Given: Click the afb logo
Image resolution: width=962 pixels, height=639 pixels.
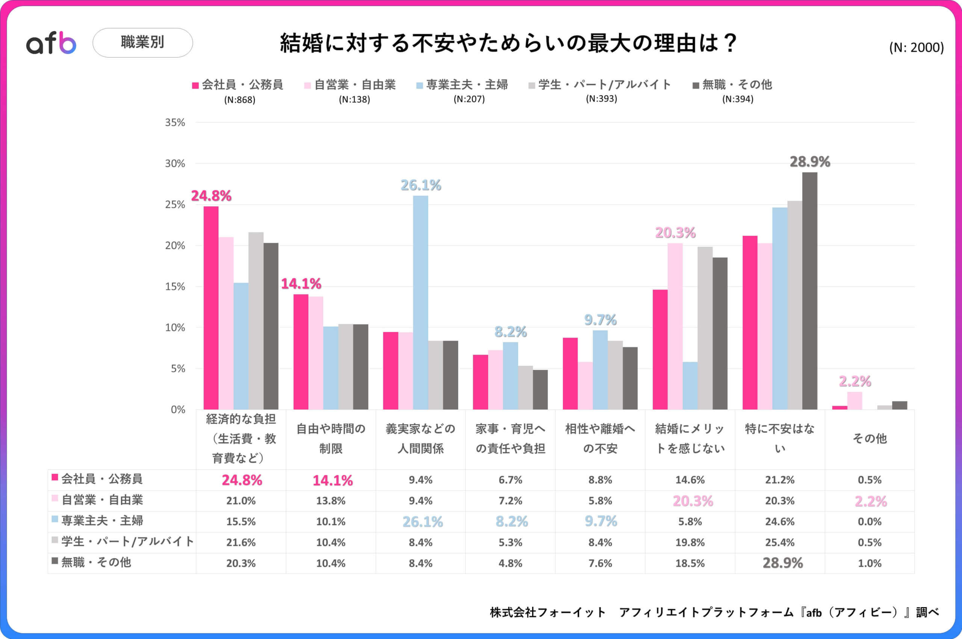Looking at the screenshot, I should click(51, 43).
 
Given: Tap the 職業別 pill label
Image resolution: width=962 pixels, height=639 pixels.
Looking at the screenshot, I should click(142, 42).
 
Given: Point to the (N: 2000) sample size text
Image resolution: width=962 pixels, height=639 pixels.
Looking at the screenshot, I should click(916, 48).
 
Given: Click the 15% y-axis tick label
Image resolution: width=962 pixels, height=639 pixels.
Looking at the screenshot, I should click(175, 287).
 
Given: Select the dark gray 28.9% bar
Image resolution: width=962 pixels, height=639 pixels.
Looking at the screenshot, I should click(809, 290).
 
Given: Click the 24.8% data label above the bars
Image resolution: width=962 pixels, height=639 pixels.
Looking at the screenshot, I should click(211, 196).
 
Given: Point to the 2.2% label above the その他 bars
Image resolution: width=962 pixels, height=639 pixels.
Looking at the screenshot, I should click(855, 381).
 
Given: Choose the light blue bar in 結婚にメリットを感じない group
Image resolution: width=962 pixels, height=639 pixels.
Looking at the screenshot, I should click(690, 385).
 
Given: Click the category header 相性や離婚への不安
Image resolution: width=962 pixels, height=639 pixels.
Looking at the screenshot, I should click(600, 438).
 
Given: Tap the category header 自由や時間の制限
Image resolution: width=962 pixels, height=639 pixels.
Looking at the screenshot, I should click(331, 438).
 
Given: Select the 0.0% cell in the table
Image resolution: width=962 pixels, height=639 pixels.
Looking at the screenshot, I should click(869, 522).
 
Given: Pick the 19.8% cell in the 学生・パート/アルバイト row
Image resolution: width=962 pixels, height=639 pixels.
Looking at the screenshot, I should click(690, 542).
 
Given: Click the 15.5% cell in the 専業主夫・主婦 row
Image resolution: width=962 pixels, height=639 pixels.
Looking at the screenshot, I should click(241, 522).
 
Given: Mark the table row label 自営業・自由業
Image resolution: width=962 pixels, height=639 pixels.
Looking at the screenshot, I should click(102, 500).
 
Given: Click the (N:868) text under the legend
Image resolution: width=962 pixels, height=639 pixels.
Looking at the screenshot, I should click(240, 100).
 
